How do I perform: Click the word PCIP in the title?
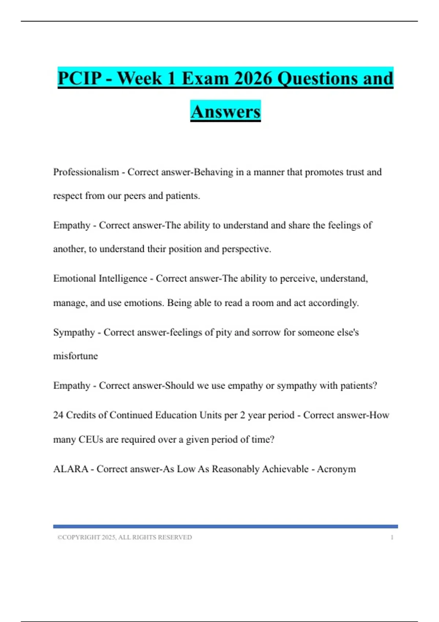tap(80, 78)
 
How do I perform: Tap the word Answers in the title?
tap(225, 112)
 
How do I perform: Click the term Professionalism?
tap(86, 172)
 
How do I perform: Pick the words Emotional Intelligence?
tap(100, 278)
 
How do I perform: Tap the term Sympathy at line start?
tap(74, 332)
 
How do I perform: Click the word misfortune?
tap(75, 356)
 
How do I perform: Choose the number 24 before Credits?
tap(58, 415)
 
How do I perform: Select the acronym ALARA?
tap(71, 469)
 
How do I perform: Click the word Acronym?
tap(336, 469)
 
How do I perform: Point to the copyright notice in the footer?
tap(124, 537)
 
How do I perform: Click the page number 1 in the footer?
tap(392, 537)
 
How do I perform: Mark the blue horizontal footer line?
tap(225, 527)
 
